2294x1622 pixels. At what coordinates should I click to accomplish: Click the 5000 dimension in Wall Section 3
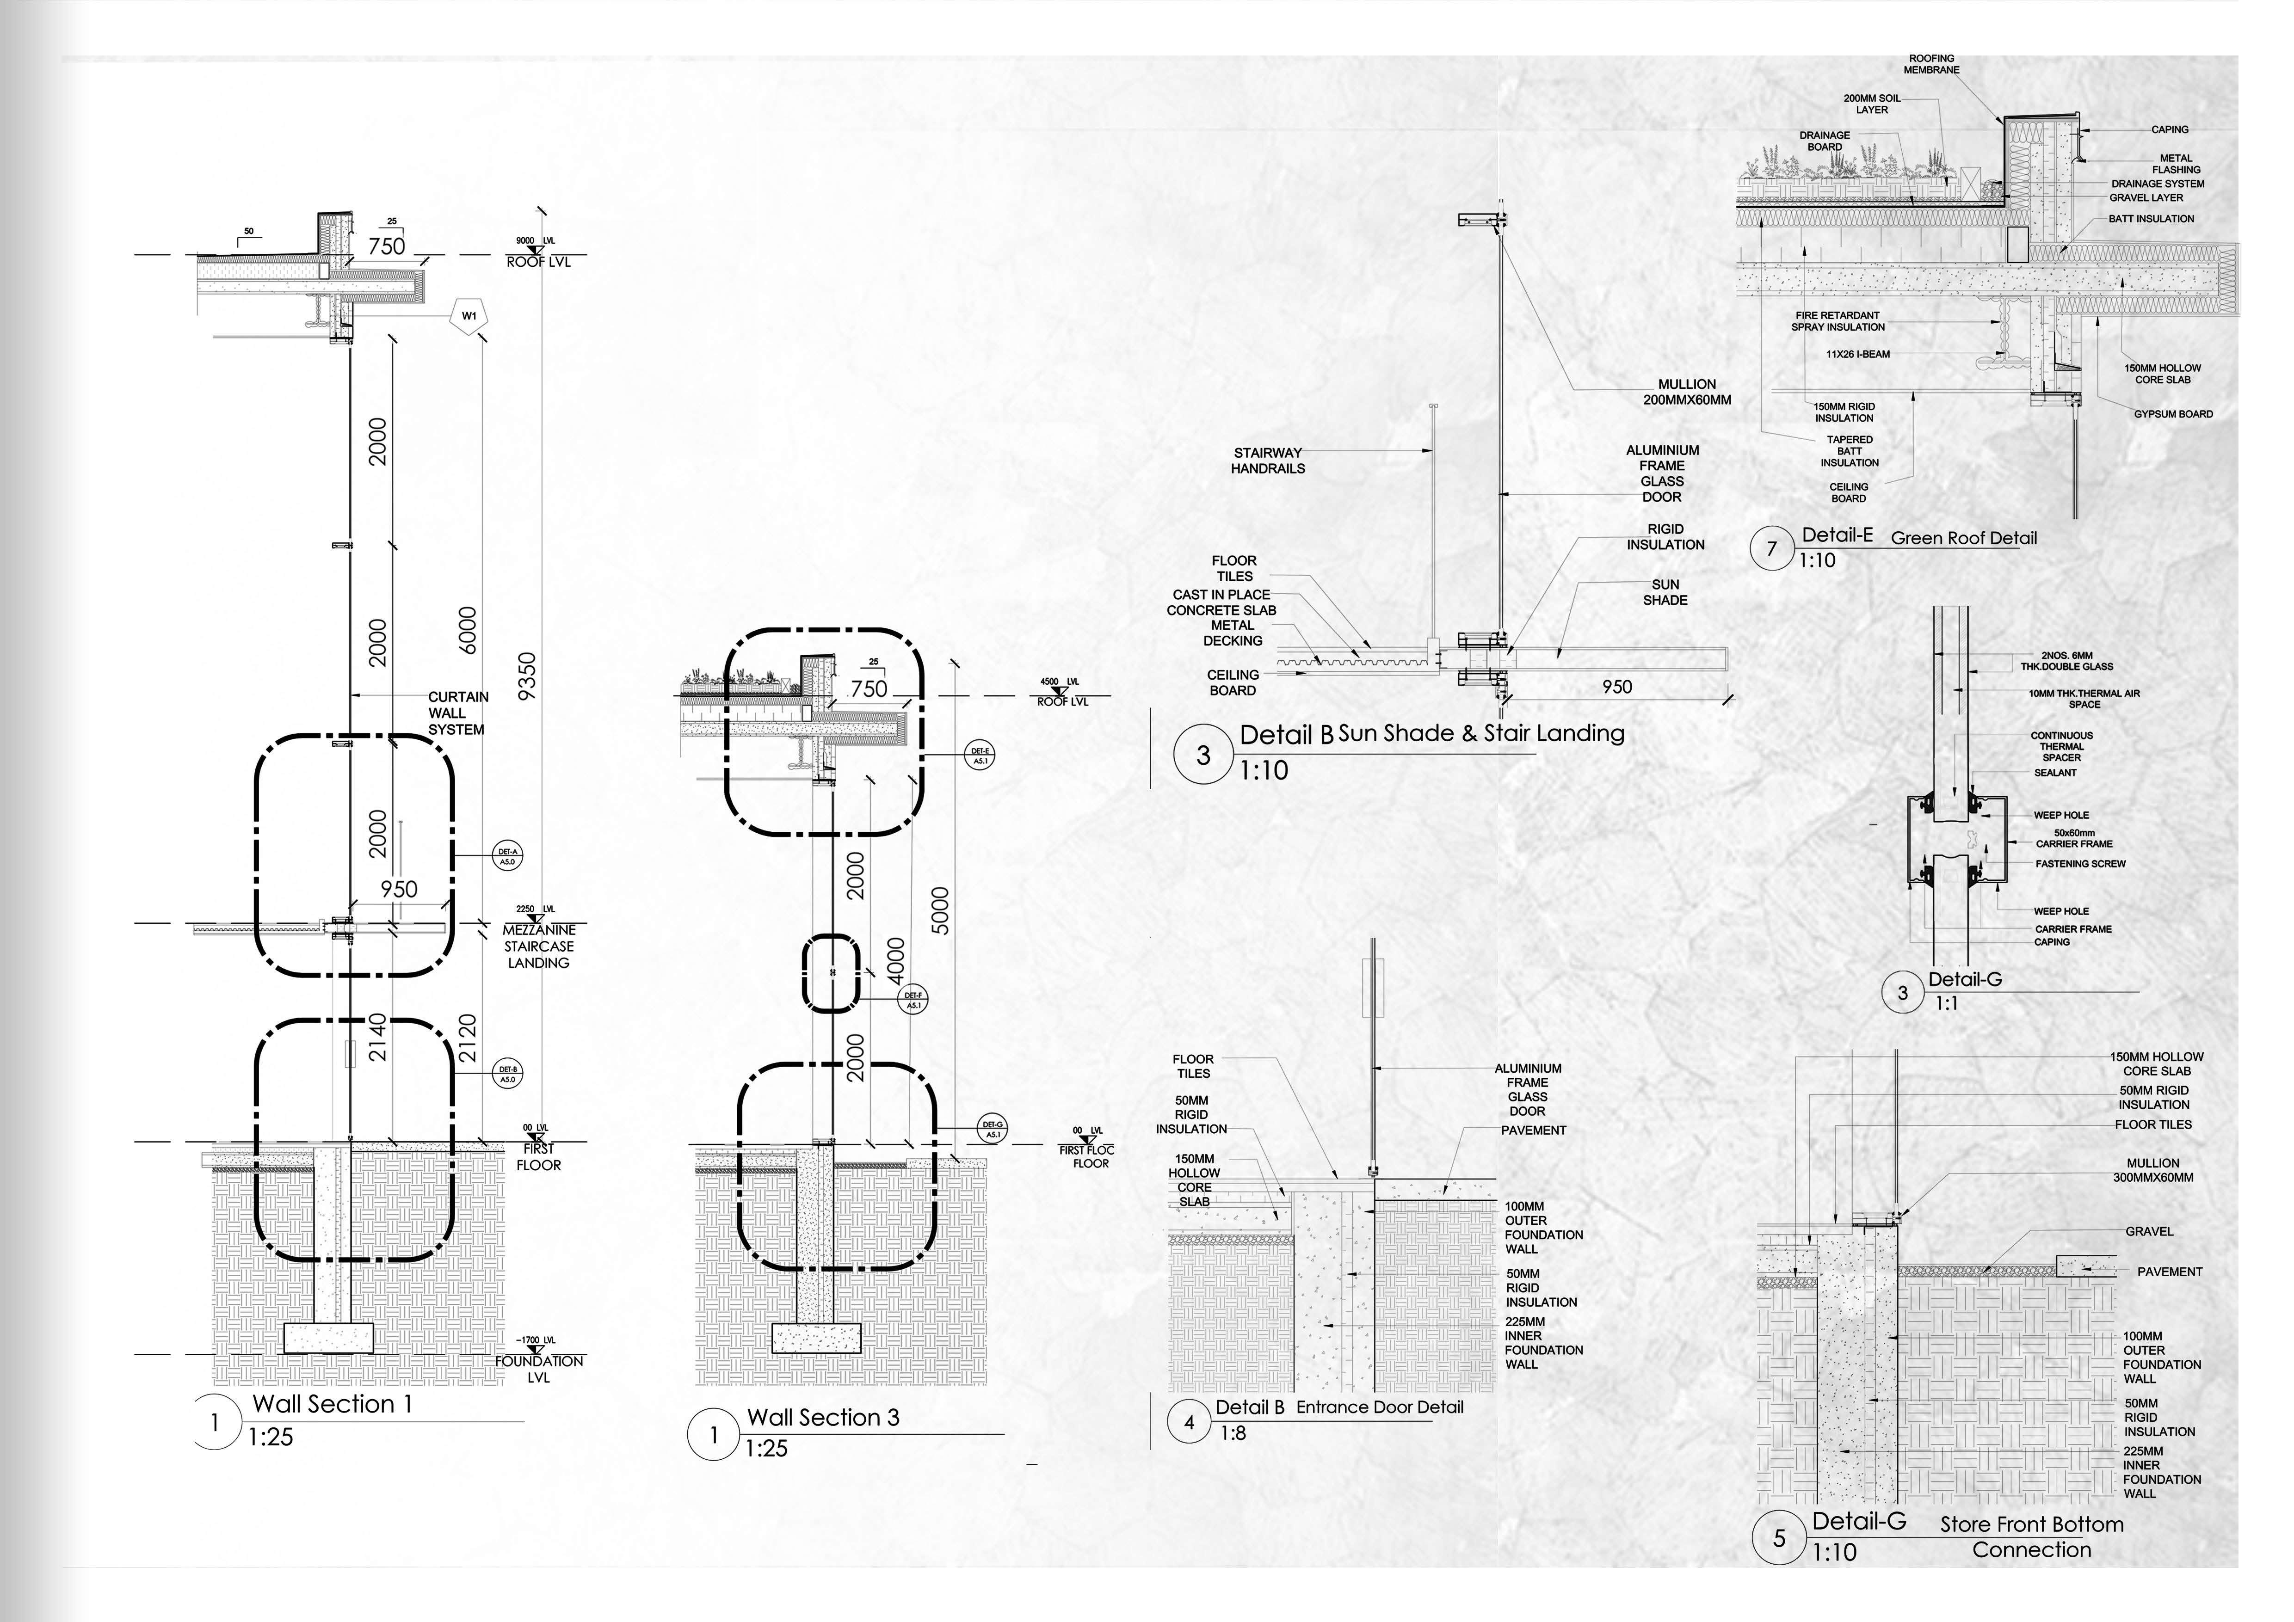(x=939, y=911)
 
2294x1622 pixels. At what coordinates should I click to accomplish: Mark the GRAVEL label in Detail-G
(x=2149, y=1231)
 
